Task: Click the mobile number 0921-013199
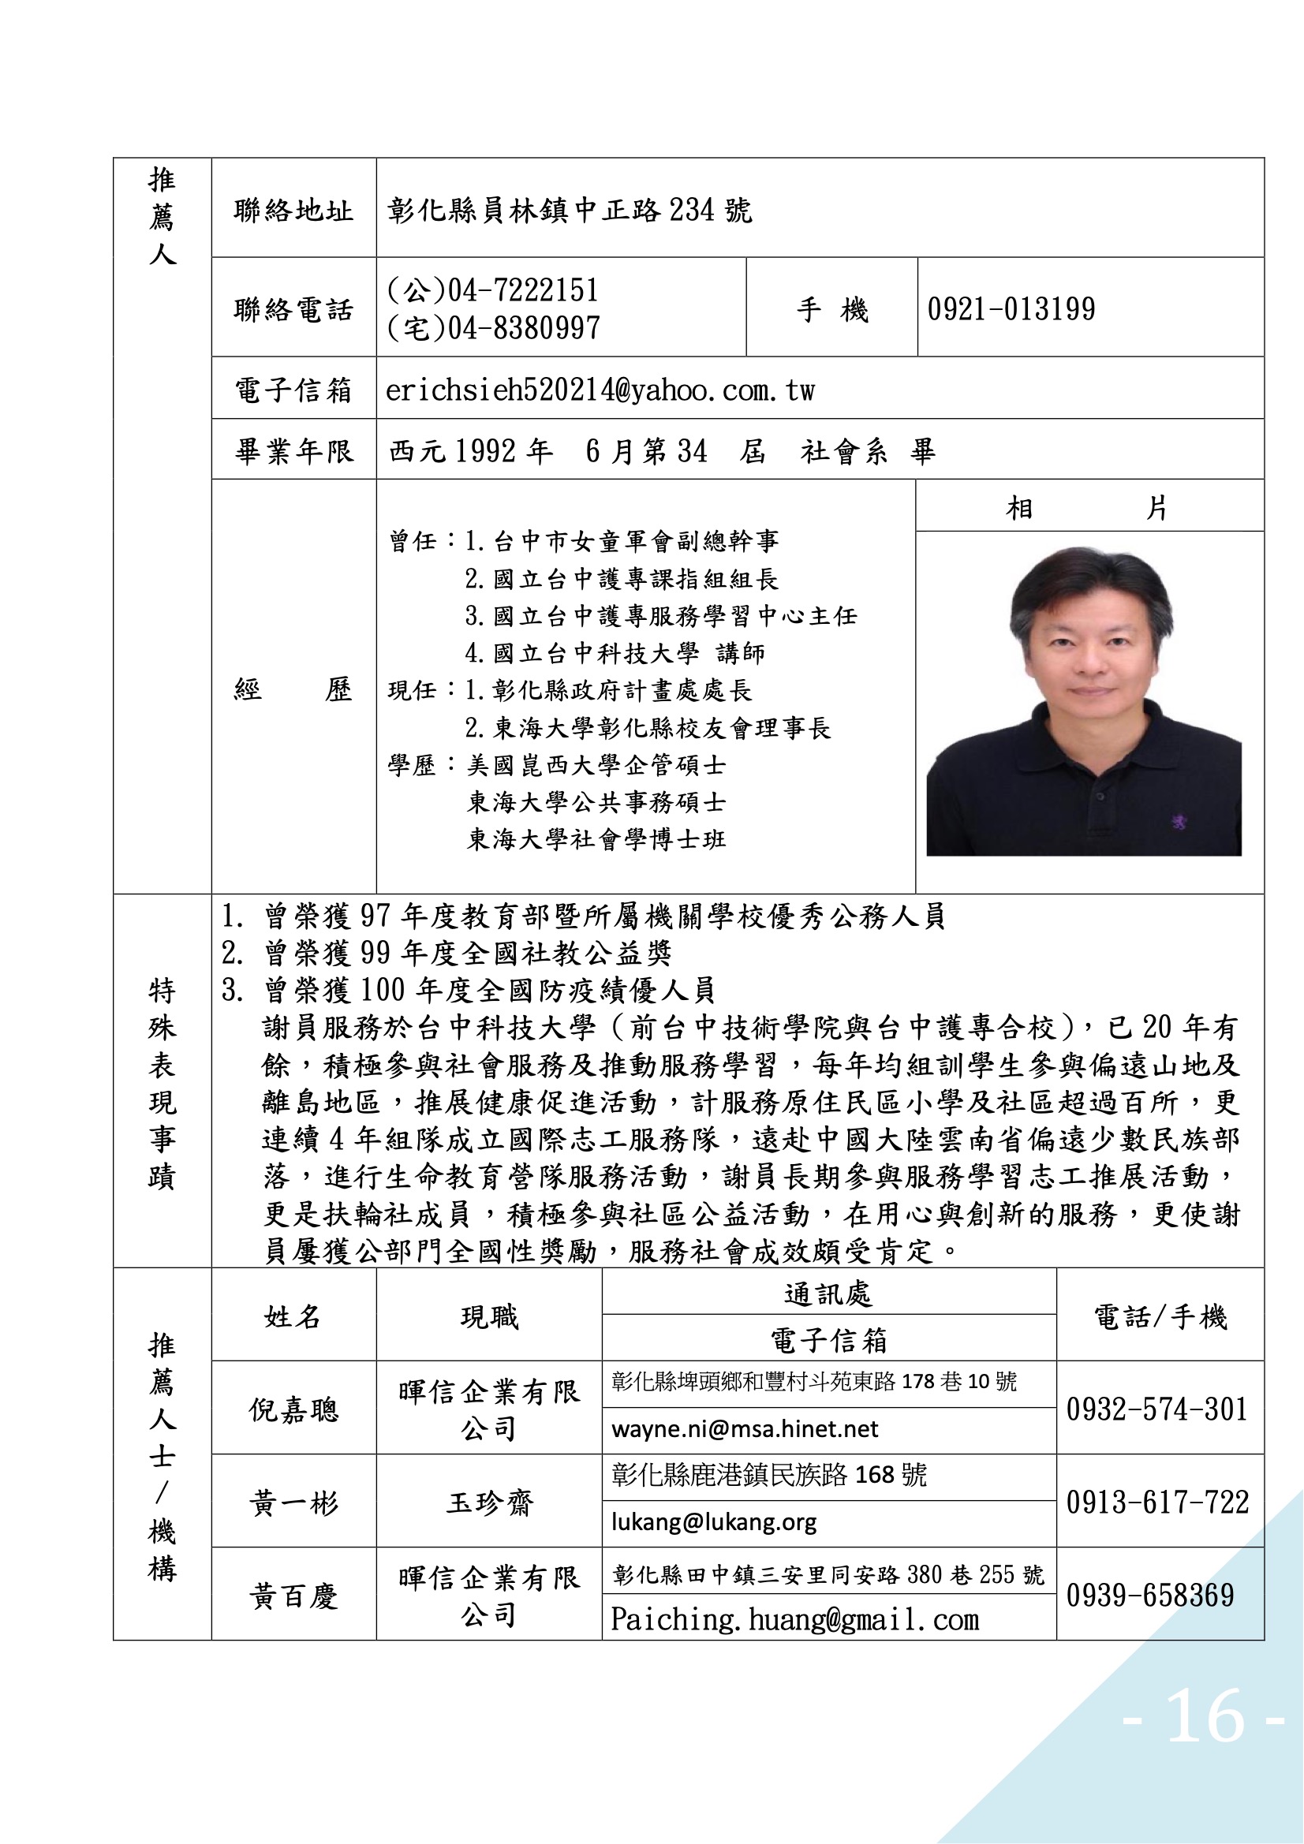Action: point(1011,309)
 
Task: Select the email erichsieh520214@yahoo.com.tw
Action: point(600,390)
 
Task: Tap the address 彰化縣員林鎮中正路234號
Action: point(570,211)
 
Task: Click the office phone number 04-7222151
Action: point(522,290)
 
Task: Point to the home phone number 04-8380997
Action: point(523,327)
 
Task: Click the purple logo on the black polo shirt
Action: point(1179,822)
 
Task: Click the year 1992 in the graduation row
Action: point(484,451)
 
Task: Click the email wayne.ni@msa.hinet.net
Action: point(744,1430)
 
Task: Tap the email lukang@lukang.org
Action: point(713,1522)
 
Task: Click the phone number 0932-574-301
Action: point(1156,1409)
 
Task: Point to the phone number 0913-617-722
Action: point(1157,1502)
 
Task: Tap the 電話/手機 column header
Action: point(1160,1317)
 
